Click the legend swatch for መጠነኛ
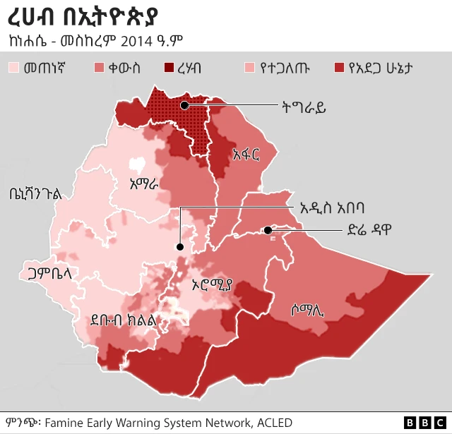[x=14, y=68]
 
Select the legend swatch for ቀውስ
[x=100, y=68]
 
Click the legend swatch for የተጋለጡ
[x=248, y=68]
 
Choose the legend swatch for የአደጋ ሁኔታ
[x=339, y=68]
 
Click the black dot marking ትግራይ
[x=184, y=106]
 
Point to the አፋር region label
[x=246, y=154]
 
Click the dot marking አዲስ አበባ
[x=180, y=247]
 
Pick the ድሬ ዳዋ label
[x=368, y=229]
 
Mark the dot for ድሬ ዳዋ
[x=268, y=230]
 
